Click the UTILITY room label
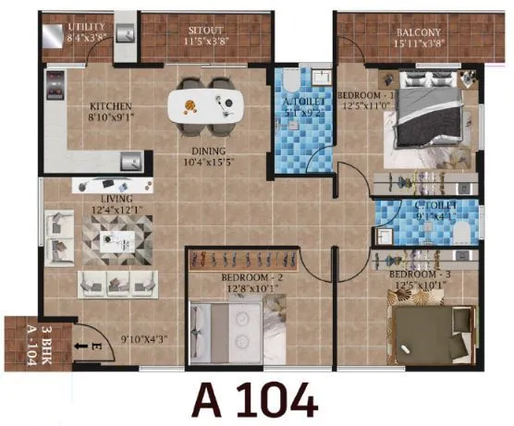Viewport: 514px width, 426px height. click(x=88, y=29)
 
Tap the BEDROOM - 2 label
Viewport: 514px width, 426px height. click(x=244, y=277)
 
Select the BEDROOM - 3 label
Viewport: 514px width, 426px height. click(x=418, y=275)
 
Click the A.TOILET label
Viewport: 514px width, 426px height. click(x=300, y=103)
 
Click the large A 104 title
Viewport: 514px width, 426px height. click(x=254, y=400)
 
